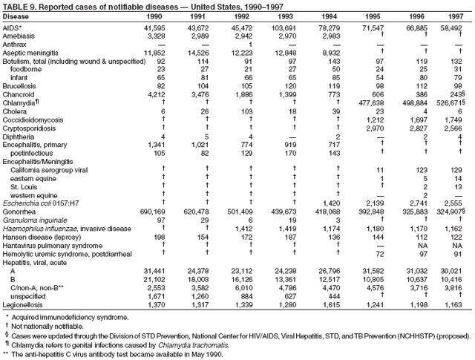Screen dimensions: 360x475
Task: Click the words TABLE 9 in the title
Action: pyautogui.click(x=19, y=5)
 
